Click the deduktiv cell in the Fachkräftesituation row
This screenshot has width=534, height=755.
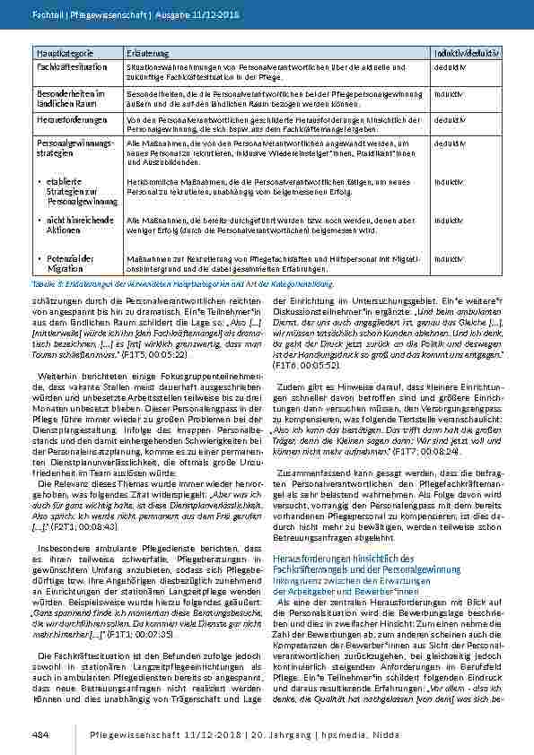click(449, 66)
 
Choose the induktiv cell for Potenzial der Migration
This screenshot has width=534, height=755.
click(448, 259)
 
